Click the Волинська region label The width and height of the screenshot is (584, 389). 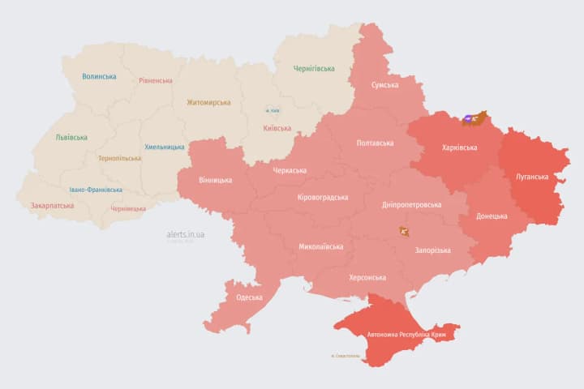pos(99,77)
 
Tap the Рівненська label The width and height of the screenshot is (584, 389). pos(155,81)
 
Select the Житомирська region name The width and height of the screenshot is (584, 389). pos(208,103)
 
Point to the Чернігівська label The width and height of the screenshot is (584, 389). pos(313,69)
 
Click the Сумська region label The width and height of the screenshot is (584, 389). pos(384,85)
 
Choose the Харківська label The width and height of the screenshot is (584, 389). pos(459,147)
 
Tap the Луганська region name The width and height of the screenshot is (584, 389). pos(532,176)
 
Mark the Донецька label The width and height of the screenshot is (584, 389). pos(492,216)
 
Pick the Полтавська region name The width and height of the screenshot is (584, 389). pos(375,143)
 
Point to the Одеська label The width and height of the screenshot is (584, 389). pos(249,297)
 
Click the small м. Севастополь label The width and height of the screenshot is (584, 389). pos(346,357)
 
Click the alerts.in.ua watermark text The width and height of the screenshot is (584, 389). pos(186,234)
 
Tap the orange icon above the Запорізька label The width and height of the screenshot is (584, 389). pos(404,232)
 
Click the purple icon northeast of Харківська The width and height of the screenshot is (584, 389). pos(469,120)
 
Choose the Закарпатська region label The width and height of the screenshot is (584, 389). pos(52,206)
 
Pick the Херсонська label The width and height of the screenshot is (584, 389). pos(367,277)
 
